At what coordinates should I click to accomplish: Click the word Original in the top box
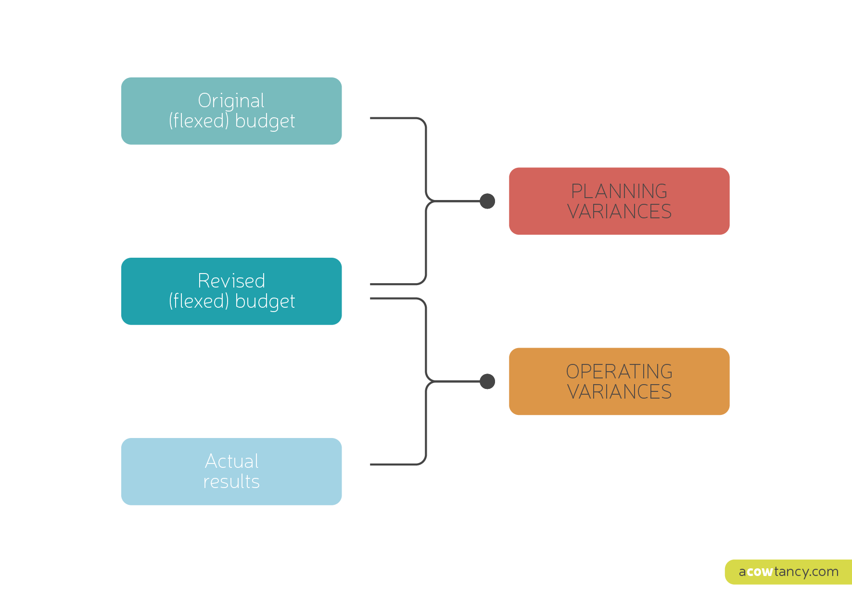click(x=231, y=101)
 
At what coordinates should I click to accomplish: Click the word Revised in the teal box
click(x=231, y=281)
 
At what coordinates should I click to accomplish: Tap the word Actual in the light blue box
click(x=231, y=461)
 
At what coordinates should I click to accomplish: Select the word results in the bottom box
click(x=231, y=482)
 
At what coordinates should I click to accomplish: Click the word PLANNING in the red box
click(x=619, y=191)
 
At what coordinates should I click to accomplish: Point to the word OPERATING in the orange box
click(x=619, y=372)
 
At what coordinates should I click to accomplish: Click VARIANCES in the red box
click(x=619, y=212)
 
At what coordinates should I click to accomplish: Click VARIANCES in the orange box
click(x=619, y=392)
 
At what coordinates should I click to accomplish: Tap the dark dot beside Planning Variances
click(x=487, y=201)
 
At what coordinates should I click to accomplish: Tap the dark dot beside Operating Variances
click(x=487, y=381)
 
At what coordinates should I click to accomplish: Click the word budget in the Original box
click(x=265, y=121)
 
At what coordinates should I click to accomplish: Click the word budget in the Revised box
click(x=265, y=301)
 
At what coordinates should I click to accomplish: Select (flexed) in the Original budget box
click(x=199, y=121)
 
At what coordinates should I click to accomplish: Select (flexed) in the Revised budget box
click(x=199, y=301)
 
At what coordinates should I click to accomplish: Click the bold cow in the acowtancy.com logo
click(x=760, y=572)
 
